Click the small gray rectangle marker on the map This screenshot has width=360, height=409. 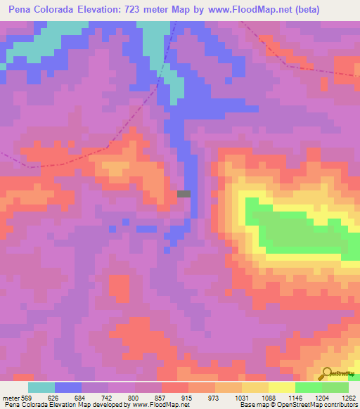coord(184,194)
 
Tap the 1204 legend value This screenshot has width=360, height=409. coord(321,397)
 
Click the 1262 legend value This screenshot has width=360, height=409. coord(347,397)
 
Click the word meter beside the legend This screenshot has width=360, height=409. coord(10,397)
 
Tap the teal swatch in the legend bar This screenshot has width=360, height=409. coord(41,387)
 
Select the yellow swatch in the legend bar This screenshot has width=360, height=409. coord(281,387)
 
